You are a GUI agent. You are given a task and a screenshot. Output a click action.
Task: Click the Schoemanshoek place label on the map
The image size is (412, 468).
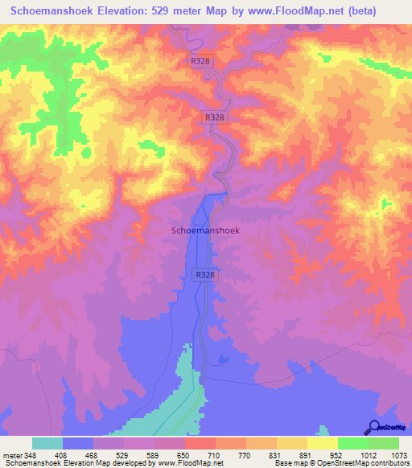coord(206,230)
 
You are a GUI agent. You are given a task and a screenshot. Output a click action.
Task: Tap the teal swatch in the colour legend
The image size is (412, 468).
coord(47,443)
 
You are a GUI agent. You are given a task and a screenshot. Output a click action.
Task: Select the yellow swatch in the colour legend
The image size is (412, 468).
coord(322,443)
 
